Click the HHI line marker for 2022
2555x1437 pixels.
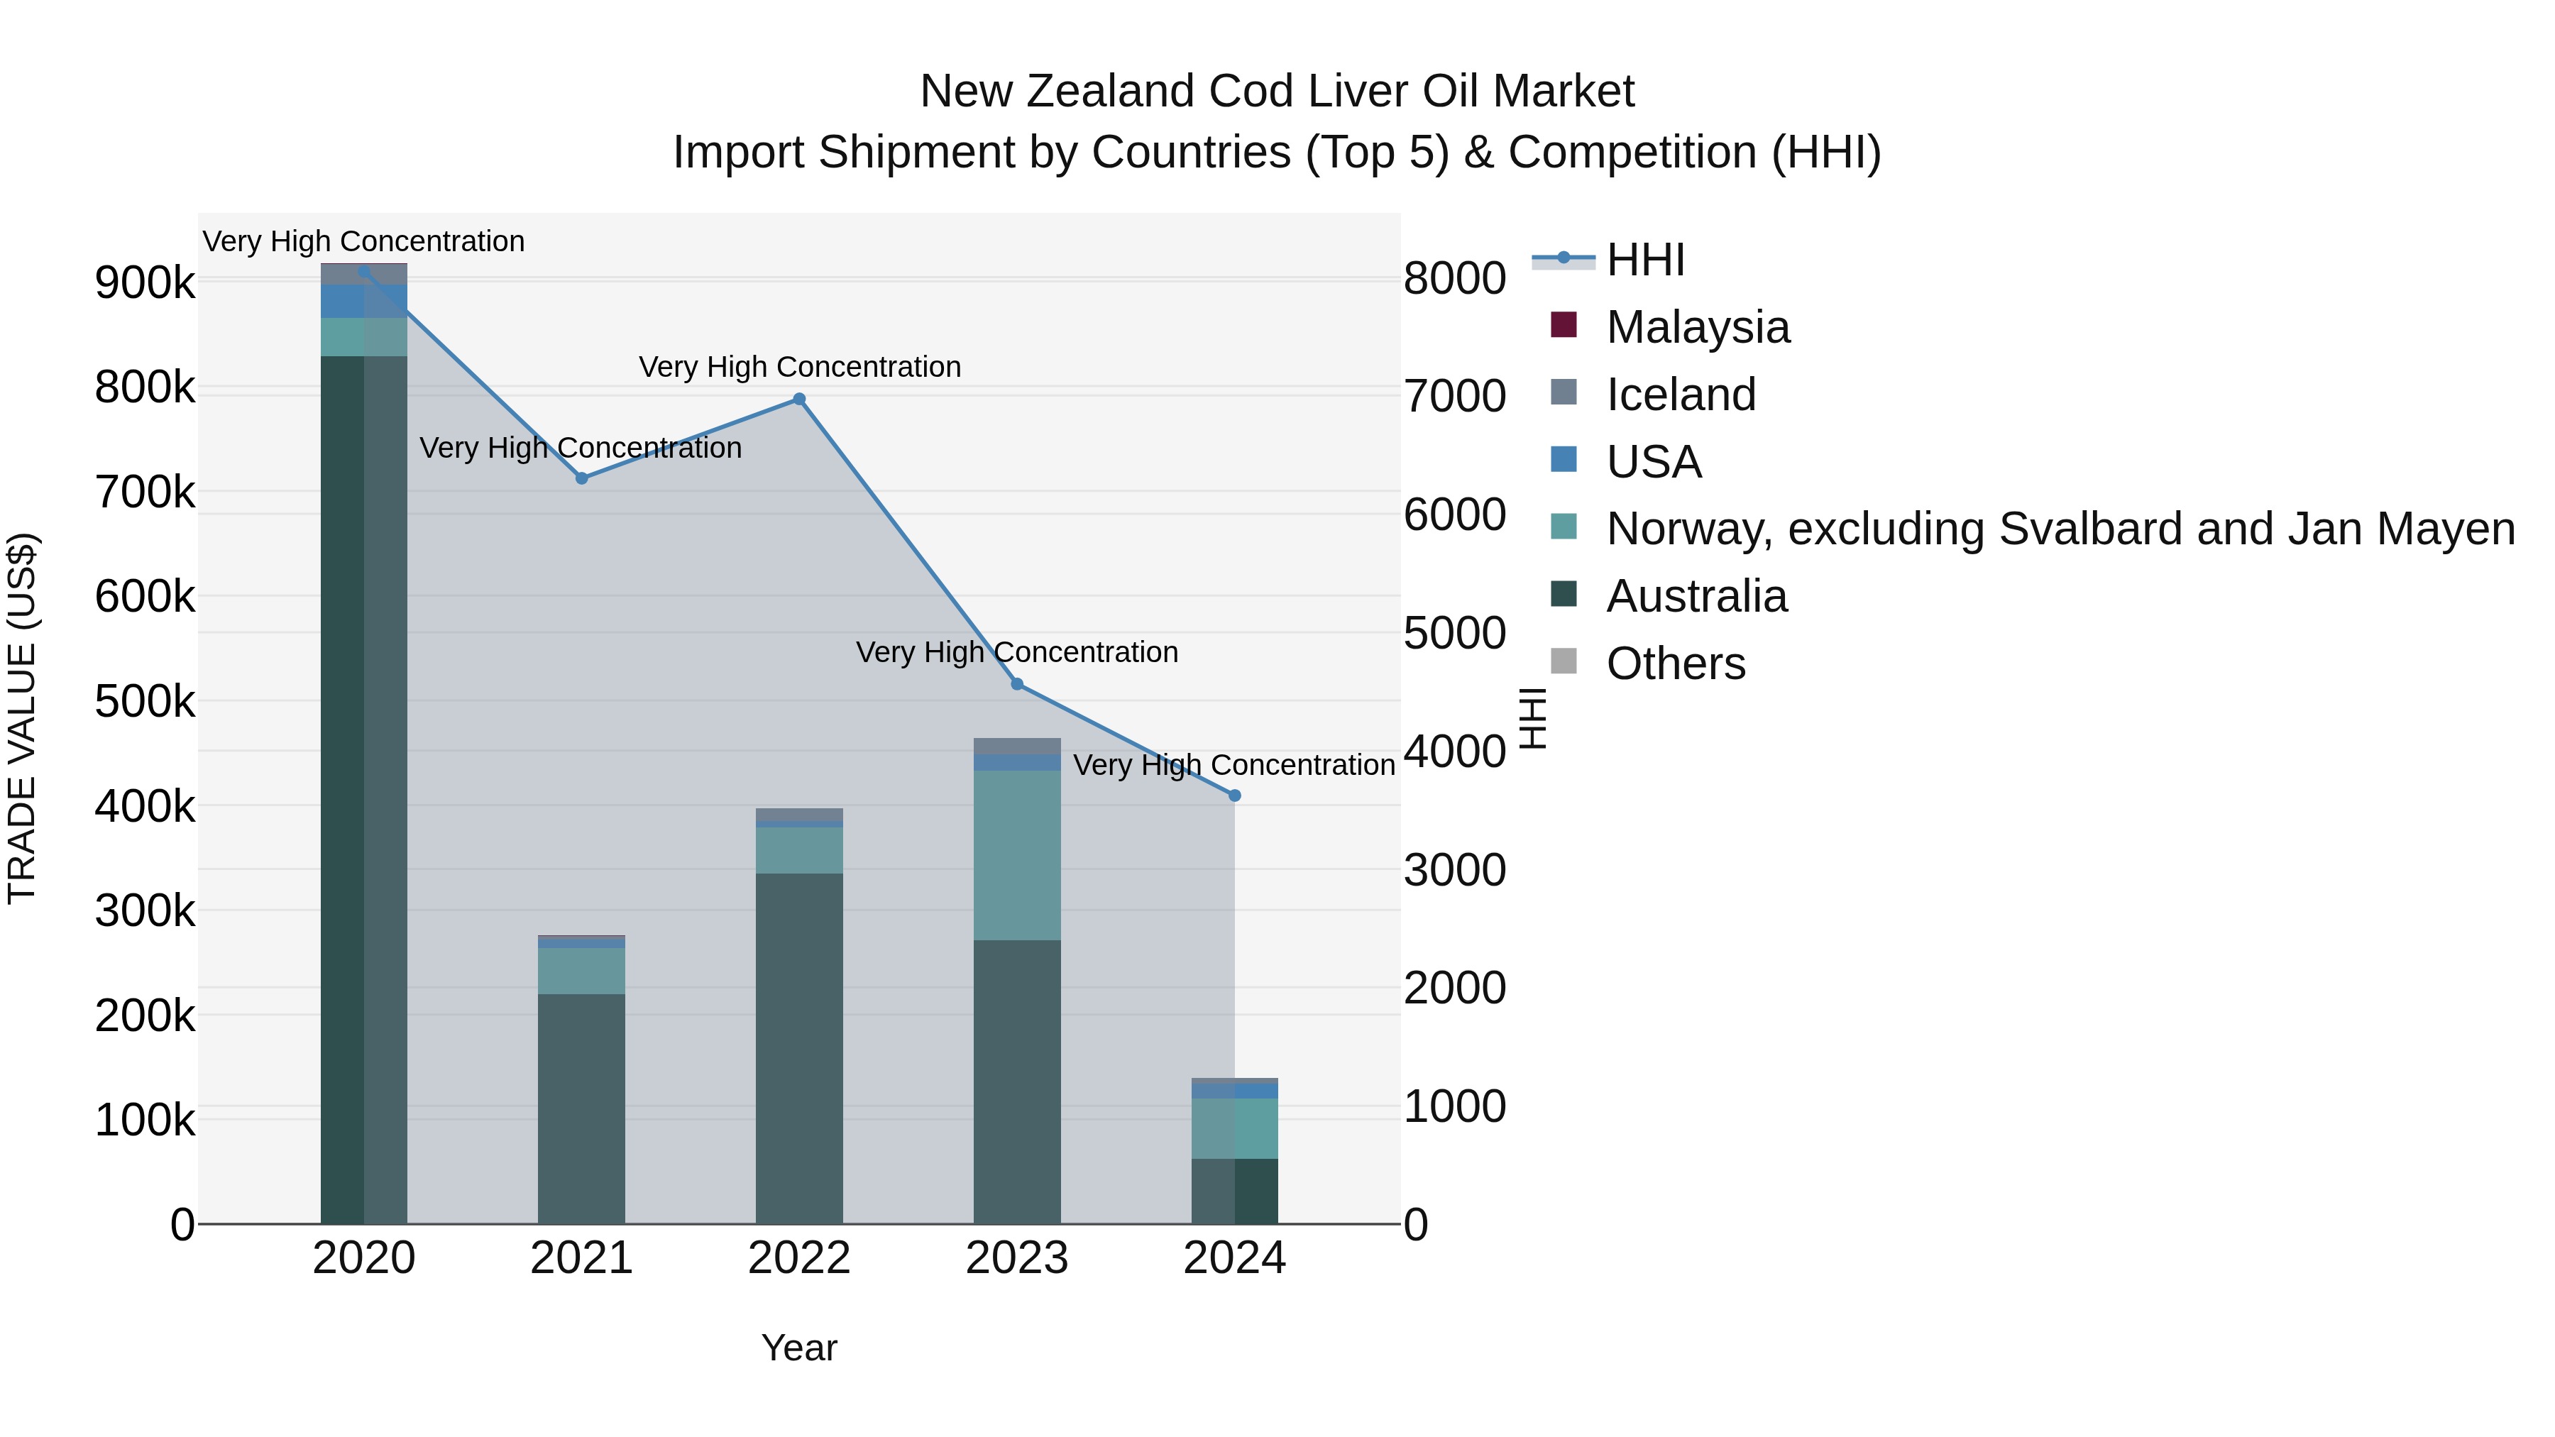point(798,400)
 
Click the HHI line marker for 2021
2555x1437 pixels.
point(582,478)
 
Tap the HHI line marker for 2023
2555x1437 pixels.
point(1016,684)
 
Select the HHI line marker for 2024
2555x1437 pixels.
point(1234,795)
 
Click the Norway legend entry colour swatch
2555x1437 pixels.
point(1563,527)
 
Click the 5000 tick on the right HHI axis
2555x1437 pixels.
point(1454,633)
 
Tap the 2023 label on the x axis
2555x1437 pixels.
point(1016,1258)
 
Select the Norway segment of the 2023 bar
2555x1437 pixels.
point(1016,855)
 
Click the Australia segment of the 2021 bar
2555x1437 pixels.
point(582,1108)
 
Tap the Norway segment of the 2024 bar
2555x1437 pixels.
point(1234,1128)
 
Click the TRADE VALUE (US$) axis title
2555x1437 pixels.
point(22,718)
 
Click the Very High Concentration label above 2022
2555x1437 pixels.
point(799,367)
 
